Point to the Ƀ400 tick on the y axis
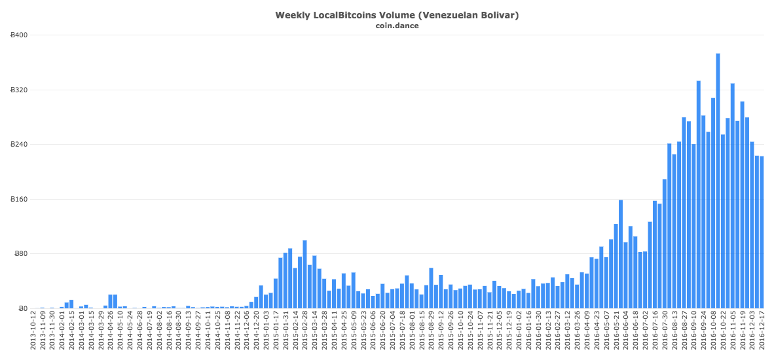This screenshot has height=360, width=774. pos(20,35)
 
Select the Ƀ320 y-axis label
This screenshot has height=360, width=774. pos(20,90)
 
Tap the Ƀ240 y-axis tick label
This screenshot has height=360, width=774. pos(20,144)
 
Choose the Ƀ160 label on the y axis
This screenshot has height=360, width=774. pos(20,199)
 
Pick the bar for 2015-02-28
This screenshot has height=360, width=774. pos(304,274)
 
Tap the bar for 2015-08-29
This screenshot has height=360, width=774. pos(431,288)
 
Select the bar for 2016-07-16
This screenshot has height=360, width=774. pos(655,255)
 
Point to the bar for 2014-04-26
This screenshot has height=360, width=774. pos(110,302)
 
